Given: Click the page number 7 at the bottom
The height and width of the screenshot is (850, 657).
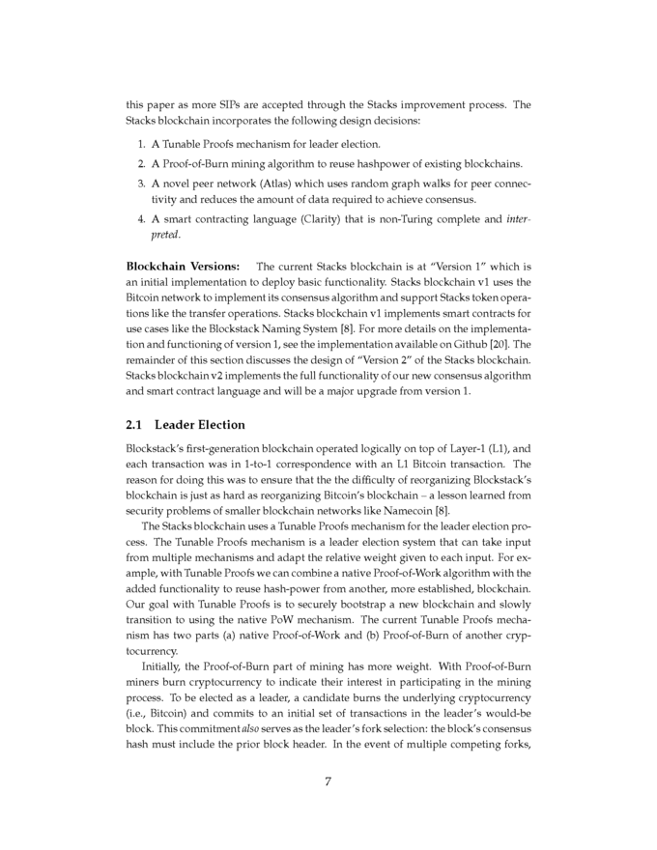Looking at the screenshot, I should point(328,781).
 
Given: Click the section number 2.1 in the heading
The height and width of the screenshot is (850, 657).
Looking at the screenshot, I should point(135,424).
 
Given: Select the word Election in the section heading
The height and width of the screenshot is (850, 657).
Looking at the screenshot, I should point(221,424).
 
